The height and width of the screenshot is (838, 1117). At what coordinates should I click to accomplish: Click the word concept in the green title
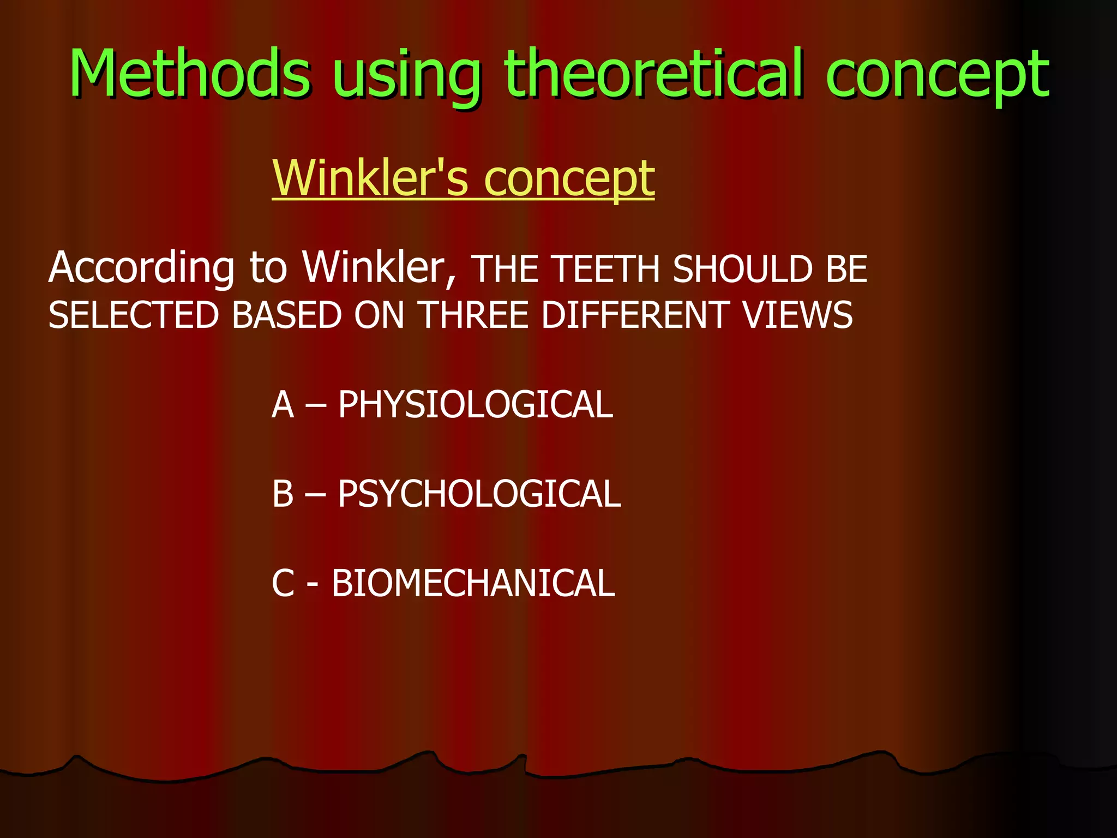937,76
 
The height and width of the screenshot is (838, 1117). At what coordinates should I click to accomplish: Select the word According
141,268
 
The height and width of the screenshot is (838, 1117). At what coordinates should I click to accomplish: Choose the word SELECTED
134,315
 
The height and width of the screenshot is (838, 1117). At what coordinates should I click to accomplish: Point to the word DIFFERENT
633,315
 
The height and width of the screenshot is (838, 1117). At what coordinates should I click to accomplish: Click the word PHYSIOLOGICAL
475,405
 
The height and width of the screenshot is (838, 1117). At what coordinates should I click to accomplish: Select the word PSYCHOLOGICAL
479,494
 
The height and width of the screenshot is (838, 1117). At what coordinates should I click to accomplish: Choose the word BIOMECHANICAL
473,583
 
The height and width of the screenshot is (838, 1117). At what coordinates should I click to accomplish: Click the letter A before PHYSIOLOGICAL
283,405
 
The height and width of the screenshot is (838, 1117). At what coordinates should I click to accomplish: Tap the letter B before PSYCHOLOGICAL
283,494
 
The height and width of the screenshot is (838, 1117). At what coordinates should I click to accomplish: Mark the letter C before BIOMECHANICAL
283,583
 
